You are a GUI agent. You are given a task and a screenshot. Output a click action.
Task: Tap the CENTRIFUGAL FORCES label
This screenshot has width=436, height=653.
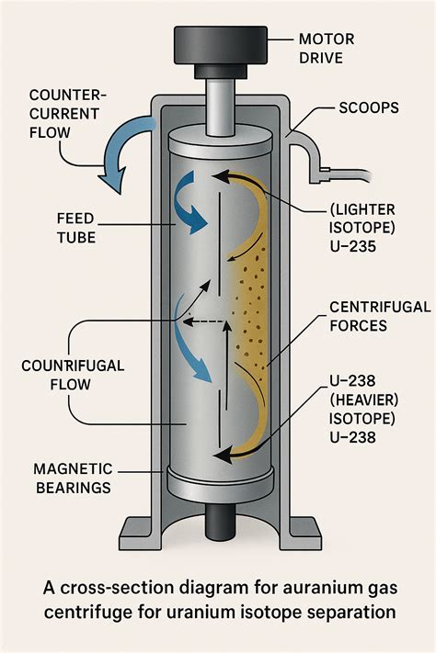point(379,317)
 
